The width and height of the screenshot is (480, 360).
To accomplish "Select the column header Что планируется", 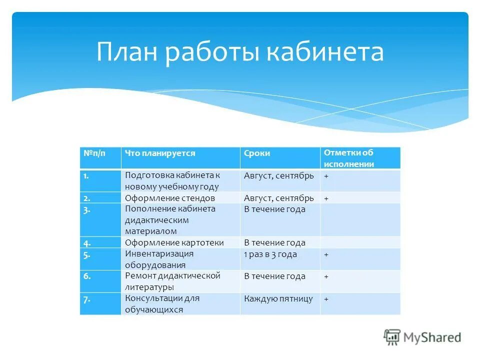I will tap(160, 153).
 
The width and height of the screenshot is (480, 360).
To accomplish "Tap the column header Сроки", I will tap(257, 153).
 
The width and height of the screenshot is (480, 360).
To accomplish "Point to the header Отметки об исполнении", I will tap(348, 158).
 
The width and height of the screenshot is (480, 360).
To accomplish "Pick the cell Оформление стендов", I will tap(170, 198).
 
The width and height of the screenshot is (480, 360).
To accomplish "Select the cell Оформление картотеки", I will tap(174, 242).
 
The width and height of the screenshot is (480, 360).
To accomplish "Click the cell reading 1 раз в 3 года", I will tap(270, 254).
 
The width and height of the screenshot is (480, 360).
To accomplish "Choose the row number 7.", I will tap(87, 299).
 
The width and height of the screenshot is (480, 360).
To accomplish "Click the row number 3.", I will tap(87, 209).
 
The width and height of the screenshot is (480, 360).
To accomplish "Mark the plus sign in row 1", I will tap(326, 176).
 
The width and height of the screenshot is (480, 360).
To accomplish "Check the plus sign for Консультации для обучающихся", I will tap(326, 299).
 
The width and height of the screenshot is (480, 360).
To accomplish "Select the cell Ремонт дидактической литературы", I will tap(172, 281).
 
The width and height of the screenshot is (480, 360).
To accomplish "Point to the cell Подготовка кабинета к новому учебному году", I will tap(172, 181).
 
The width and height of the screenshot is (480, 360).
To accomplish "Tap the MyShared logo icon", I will tap(392, 337).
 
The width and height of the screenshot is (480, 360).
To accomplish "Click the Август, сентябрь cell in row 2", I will tap(279, 198).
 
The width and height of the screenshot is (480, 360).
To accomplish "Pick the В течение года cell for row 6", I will tap(274, 276).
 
